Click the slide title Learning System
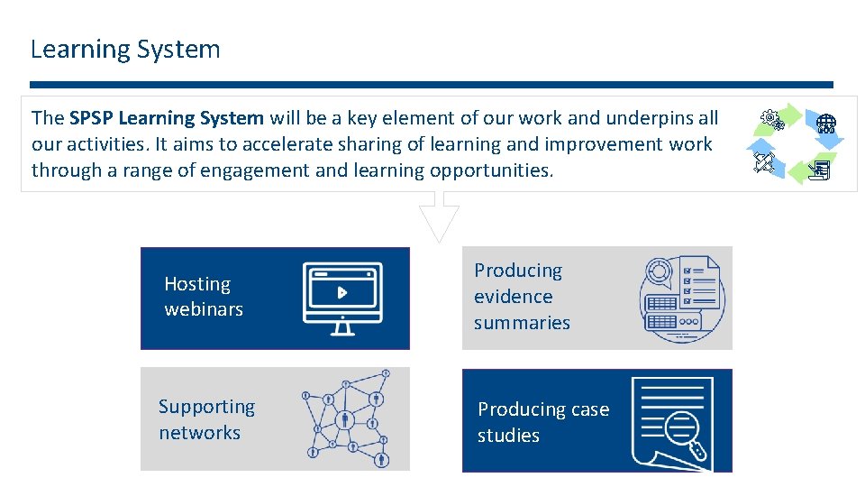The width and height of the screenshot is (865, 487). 125,49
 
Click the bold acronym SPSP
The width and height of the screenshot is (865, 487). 91,118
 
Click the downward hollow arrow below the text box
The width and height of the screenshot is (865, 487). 439,220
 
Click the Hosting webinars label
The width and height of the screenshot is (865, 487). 204,297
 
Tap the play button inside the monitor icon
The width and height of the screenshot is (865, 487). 342,292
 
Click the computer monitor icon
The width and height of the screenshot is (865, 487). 342,298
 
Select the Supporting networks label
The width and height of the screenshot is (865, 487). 206,419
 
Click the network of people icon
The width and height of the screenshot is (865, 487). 347,418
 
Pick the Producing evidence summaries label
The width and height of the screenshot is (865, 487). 522,296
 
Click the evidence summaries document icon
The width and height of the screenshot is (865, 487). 681,298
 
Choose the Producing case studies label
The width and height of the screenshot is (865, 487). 543,422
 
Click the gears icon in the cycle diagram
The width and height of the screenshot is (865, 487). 769,118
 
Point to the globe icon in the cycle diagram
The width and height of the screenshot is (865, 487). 826,123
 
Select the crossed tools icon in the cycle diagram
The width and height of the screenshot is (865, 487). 766,162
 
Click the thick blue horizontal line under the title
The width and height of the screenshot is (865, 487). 432,85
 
